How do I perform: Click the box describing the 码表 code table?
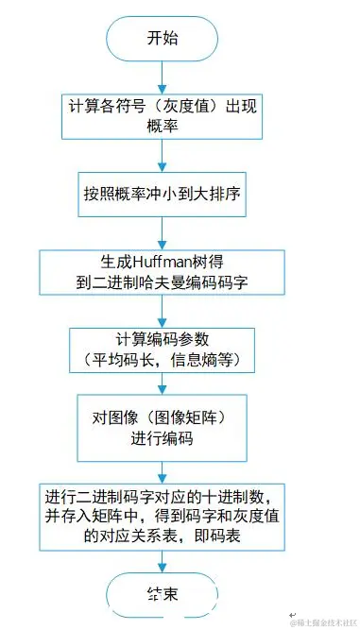coord(163,516)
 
